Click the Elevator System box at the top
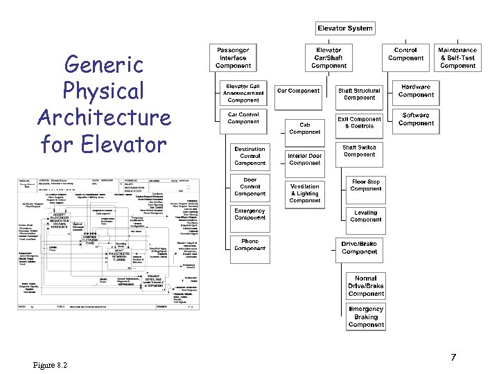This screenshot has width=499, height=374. coord(345,28)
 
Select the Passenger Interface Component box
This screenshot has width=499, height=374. coord(233,58)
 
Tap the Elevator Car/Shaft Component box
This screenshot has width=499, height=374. coord(329,58)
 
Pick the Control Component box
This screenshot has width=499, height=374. coord(405,54)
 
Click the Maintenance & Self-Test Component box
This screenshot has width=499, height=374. coord(457,58)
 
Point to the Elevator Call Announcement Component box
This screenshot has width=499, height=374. coord(243,93)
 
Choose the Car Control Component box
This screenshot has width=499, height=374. coord(243,118)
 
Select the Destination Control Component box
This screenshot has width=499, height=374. coord(249,156)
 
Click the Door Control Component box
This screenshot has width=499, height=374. coord(249,187)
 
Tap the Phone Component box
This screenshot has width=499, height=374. coord(249,244)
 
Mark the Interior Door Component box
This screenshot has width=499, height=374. coord(305,159)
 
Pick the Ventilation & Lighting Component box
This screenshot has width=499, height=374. coord(305,193)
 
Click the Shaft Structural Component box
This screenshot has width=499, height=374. coord(359,94)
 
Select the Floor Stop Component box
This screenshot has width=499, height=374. coord(366,185)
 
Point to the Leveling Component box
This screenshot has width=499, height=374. coord(366,216)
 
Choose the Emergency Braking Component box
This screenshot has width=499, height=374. coord(366,317)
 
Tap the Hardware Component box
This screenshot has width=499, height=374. coord(416,91)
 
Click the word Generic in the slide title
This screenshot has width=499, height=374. coord(103,65)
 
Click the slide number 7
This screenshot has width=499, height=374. coord(453,357)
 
